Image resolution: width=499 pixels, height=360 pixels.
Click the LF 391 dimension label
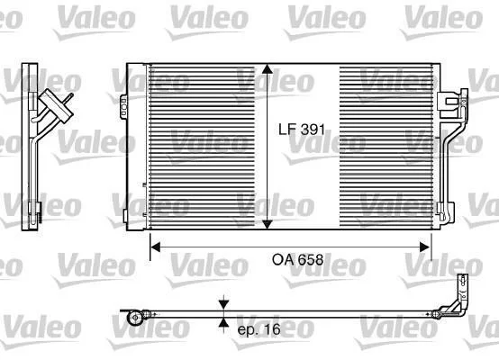point(302,130)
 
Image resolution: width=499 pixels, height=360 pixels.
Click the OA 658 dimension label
point(297,260)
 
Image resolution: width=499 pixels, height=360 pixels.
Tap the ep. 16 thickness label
point(259,329)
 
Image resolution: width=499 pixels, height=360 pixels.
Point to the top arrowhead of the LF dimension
point(267,69)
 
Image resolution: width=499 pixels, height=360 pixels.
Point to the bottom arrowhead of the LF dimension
point(267,224)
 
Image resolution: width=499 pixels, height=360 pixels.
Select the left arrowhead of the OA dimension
point(155,247)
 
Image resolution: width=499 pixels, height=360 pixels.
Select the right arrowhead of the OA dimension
point(425,247)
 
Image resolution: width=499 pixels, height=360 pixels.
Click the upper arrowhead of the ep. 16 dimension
point(224,304)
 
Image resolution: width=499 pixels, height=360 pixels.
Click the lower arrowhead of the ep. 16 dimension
point(224,323)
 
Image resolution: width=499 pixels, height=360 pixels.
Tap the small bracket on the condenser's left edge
point(123,106)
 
